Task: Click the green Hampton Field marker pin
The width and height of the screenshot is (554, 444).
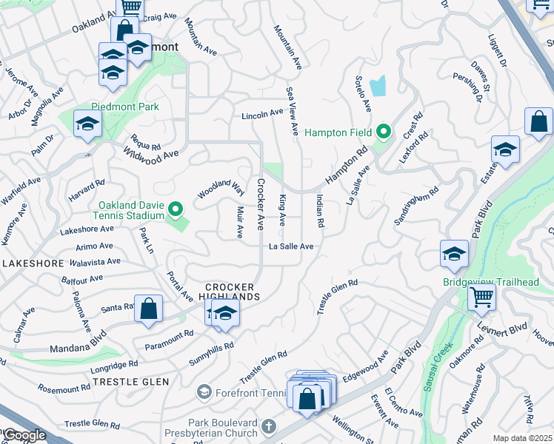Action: coord(383,132)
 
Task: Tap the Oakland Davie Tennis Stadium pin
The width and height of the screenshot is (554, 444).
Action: coord(176,211)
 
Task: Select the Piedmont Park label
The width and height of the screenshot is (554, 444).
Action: coord(125,107)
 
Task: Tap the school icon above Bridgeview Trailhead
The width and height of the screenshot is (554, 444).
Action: coord(453,253)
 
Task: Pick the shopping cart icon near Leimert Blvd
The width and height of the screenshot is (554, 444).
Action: coord(482,297)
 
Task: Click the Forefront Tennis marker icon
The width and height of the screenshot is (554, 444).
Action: coord(204,391)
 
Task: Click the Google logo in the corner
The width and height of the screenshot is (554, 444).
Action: coord(24,435)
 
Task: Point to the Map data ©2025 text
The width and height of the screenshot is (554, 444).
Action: coord(521,438)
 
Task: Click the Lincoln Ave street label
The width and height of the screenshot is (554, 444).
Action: coord(262,115)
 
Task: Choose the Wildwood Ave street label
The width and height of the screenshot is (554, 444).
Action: coord(151,155)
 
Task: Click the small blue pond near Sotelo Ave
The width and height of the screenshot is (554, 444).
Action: coord(378,87)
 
